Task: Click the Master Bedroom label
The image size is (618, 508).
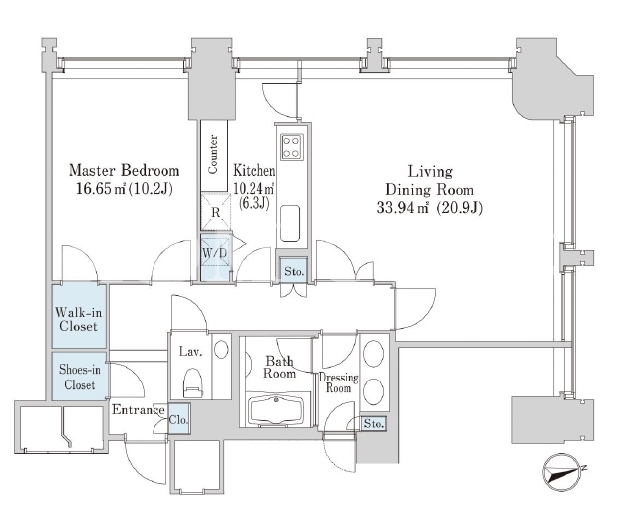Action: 125,170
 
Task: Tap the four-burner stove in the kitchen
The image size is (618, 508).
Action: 292,147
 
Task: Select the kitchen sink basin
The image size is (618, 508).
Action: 290,223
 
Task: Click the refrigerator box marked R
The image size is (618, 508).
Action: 215,212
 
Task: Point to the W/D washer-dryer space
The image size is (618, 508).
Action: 215,258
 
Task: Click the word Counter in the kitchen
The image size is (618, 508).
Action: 213,154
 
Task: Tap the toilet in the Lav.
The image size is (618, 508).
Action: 192,383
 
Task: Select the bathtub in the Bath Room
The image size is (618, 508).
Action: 276,411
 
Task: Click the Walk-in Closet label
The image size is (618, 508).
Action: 78,319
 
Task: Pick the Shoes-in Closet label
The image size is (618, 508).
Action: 79,377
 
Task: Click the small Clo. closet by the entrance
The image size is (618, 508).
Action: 179,419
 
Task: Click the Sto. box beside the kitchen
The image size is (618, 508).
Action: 294,271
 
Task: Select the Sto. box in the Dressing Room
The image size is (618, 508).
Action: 373,423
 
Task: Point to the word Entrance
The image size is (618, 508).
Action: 138,410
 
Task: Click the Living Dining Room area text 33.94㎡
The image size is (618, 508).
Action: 402,207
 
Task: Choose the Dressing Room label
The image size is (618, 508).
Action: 338,382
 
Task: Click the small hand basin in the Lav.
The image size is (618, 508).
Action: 221,349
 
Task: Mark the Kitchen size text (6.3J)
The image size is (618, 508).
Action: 254,204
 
